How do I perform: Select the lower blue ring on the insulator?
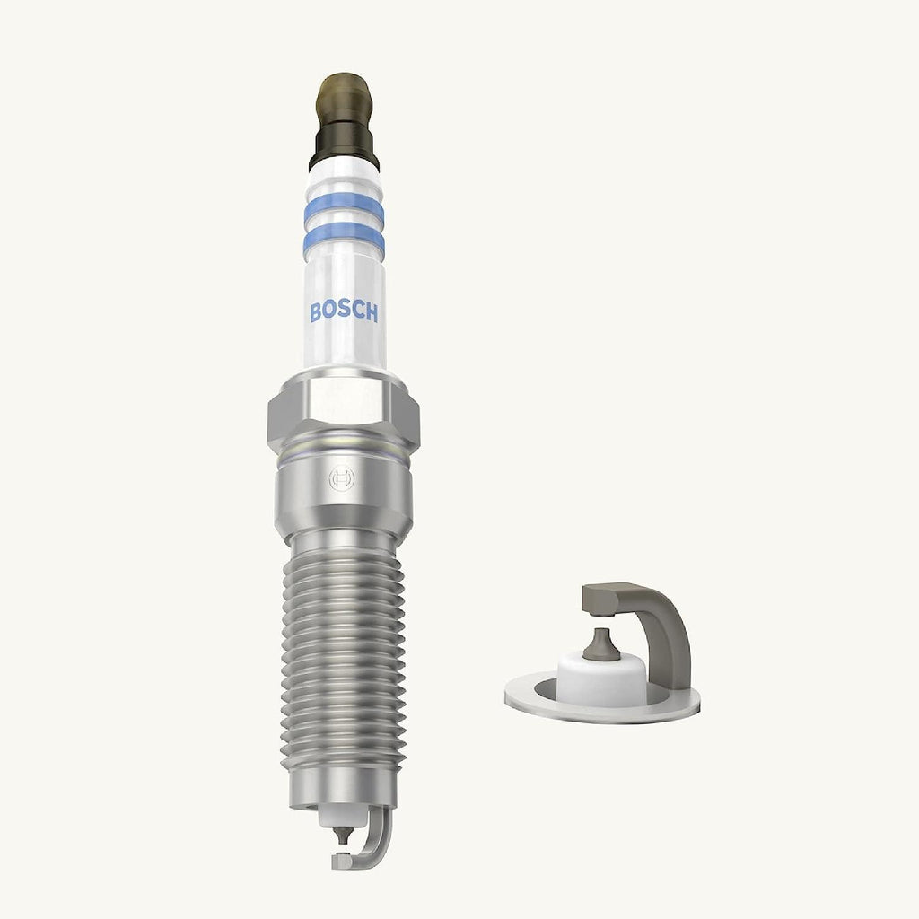344,241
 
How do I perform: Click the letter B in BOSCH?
317,312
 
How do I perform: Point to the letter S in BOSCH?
345,312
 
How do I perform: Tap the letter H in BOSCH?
372,312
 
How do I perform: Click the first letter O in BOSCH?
330,312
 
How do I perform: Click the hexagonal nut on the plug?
344,413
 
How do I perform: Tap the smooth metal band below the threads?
344,786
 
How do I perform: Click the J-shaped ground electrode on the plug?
381,839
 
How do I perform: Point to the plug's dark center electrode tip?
341,835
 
